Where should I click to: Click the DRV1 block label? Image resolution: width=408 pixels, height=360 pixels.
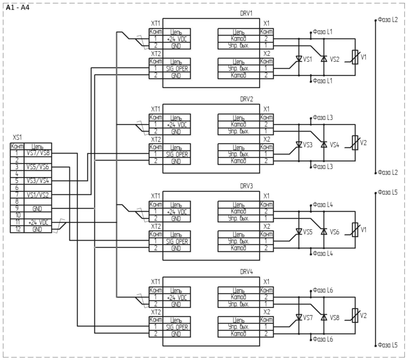(246, 13)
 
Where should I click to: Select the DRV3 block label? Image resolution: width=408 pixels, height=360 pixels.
(246, 186)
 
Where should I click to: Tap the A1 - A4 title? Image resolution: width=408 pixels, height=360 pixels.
(18, 8)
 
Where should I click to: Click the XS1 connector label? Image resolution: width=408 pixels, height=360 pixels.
(17, 137)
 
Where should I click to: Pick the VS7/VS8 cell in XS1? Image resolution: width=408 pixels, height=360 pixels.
(38, 153)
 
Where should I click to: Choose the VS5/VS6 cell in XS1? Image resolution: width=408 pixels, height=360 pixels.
(38, 167)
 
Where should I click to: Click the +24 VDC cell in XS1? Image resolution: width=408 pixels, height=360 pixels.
(38, 222)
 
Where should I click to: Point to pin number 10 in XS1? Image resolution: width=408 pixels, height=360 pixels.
(17, 215)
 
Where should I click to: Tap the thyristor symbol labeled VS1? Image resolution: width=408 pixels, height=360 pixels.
(299, 59)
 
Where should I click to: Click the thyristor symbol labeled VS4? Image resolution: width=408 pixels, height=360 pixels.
(324, 144)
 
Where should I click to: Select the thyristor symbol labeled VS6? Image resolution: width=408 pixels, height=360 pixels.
(324, 231)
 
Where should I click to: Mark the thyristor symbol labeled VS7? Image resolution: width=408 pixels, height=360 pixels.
(299, 317)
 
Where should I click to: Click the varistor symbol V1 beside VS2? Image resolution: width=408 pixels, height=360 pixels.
(354, 57)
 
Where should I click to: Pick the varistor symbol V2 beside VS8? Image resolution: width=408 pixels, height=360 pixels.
(354, 316)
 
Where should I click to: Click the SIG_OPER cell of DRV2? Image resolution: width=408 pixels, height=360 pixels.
(176, 154)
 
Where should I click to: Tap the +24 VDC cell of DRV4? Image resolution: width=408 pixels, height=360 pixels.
(176, 297)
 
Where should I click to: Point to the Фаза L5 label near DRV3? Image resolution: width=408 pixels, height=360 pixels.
(388, 192)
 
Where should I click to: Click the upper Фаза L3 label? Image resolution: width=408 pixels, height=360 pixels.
(323, 118)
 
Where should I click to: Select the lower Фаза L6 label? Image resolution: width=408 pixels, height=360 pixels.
(323, 339)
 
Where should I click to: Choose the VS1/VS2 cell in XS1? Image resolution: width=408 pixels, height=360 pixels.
(38, 195)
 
